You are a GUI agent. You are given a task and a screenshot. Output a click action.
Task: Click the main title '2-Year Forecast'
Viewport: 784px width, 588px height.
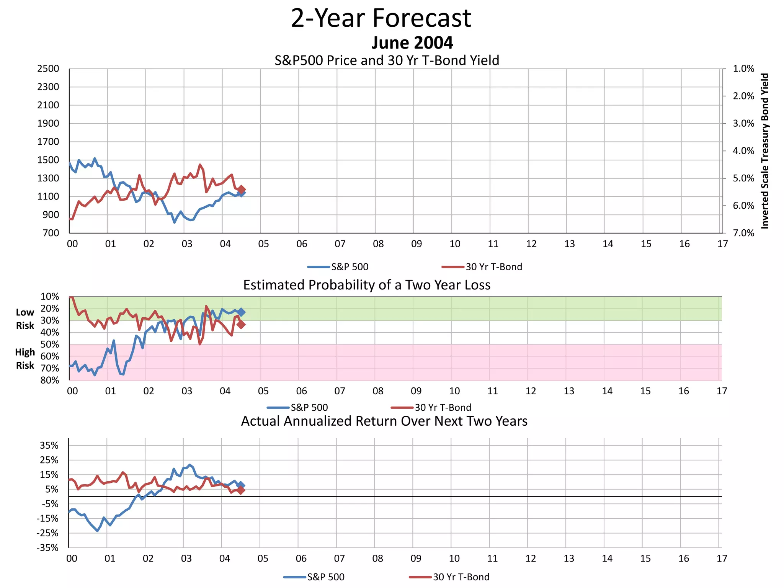(x=381, y=18)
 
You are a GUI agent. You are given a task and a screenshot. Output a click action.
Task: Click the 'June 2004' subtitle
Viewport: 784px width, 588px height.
(x=412, y=42)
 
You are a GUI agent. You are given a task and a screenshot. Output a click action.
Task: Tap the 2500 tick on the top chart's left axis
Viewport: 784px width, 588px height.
(x=48, y=69)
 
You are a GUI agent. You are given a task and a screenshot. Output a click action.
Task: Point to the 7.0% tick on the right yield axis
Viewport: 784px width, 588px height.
(x=743, y=233)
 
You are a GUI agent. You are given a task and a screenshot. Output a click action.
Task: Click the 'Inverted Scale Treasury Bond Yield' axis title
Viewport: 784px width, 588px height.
(x=764, y=151)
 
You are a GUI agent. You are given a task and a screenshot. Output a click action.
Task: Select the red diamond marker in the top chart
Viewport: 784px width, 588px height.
(x=242, y=189)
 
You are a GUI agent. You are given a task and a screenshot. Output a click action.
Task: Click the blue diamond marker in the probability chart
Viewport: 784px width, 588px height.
(x=241, y=312)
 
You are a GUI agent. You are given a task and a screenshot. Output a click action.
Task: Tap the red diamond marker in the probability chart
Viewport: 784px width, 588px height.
(x=241, y=324)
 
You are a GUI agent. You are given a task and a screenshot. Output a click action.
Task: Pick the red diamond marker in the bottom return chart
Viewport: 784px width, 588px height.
(x=240, y=490)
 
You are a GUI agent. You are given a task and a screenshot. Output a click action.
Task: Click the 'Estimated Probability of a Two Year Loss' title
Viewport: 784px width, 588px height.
(x=367, y=285)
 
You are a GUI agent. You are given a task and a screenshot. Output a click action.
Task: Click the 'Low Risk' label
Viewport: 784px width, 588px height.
(x=25, y=319)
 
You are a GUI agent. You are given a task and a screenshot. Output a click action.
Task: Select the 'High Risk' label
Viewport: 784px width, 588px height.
(x=25, y=359)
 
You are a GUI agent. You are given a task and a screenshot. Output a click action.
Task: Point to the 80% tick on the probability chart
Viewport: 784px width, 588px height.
(x=50, y=380)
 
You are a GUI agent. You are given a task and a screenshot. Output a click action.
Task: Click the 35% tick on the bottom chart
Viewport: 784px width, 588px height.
(x=49, y=445)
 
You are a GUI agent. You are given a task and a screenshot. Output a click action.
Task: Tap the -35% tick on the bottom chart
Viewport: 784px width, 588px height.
(x=48, y=547)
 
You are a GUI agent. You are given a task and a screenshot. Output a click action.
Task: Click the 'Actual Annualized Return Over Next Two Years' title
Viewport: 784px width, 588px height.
(x=384, y=421)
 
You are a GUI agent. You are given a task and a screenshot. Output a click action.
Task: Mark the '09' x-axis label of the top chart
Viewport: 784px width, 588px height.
(x=416, y=244)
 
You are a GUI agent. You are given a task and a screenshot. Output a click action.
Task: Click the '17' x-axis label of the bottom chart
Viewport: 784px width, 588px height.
(x=722, y=559)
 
